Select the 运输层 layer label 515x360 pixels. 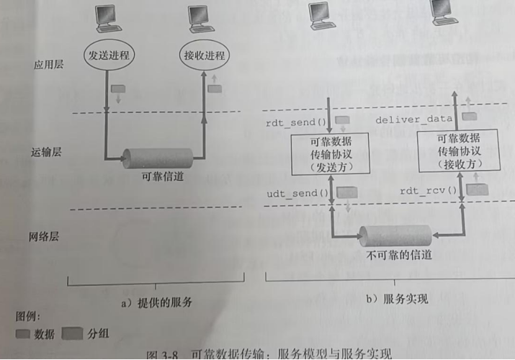[45, 153]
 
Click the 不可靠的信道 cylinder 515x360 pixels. [397, 235]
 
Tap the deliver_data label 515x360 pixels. [414, 119]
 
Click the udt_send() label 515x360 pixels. [297, 194]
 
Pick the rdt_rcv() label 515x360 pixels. [429, 191]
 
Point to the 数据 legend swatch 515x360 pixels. [22, 333]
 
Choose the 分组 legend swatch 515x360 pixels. [72, 333]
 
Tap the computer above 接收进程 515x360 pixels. [202, 18]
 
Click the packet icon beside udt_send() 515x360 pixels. [347, 193]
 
